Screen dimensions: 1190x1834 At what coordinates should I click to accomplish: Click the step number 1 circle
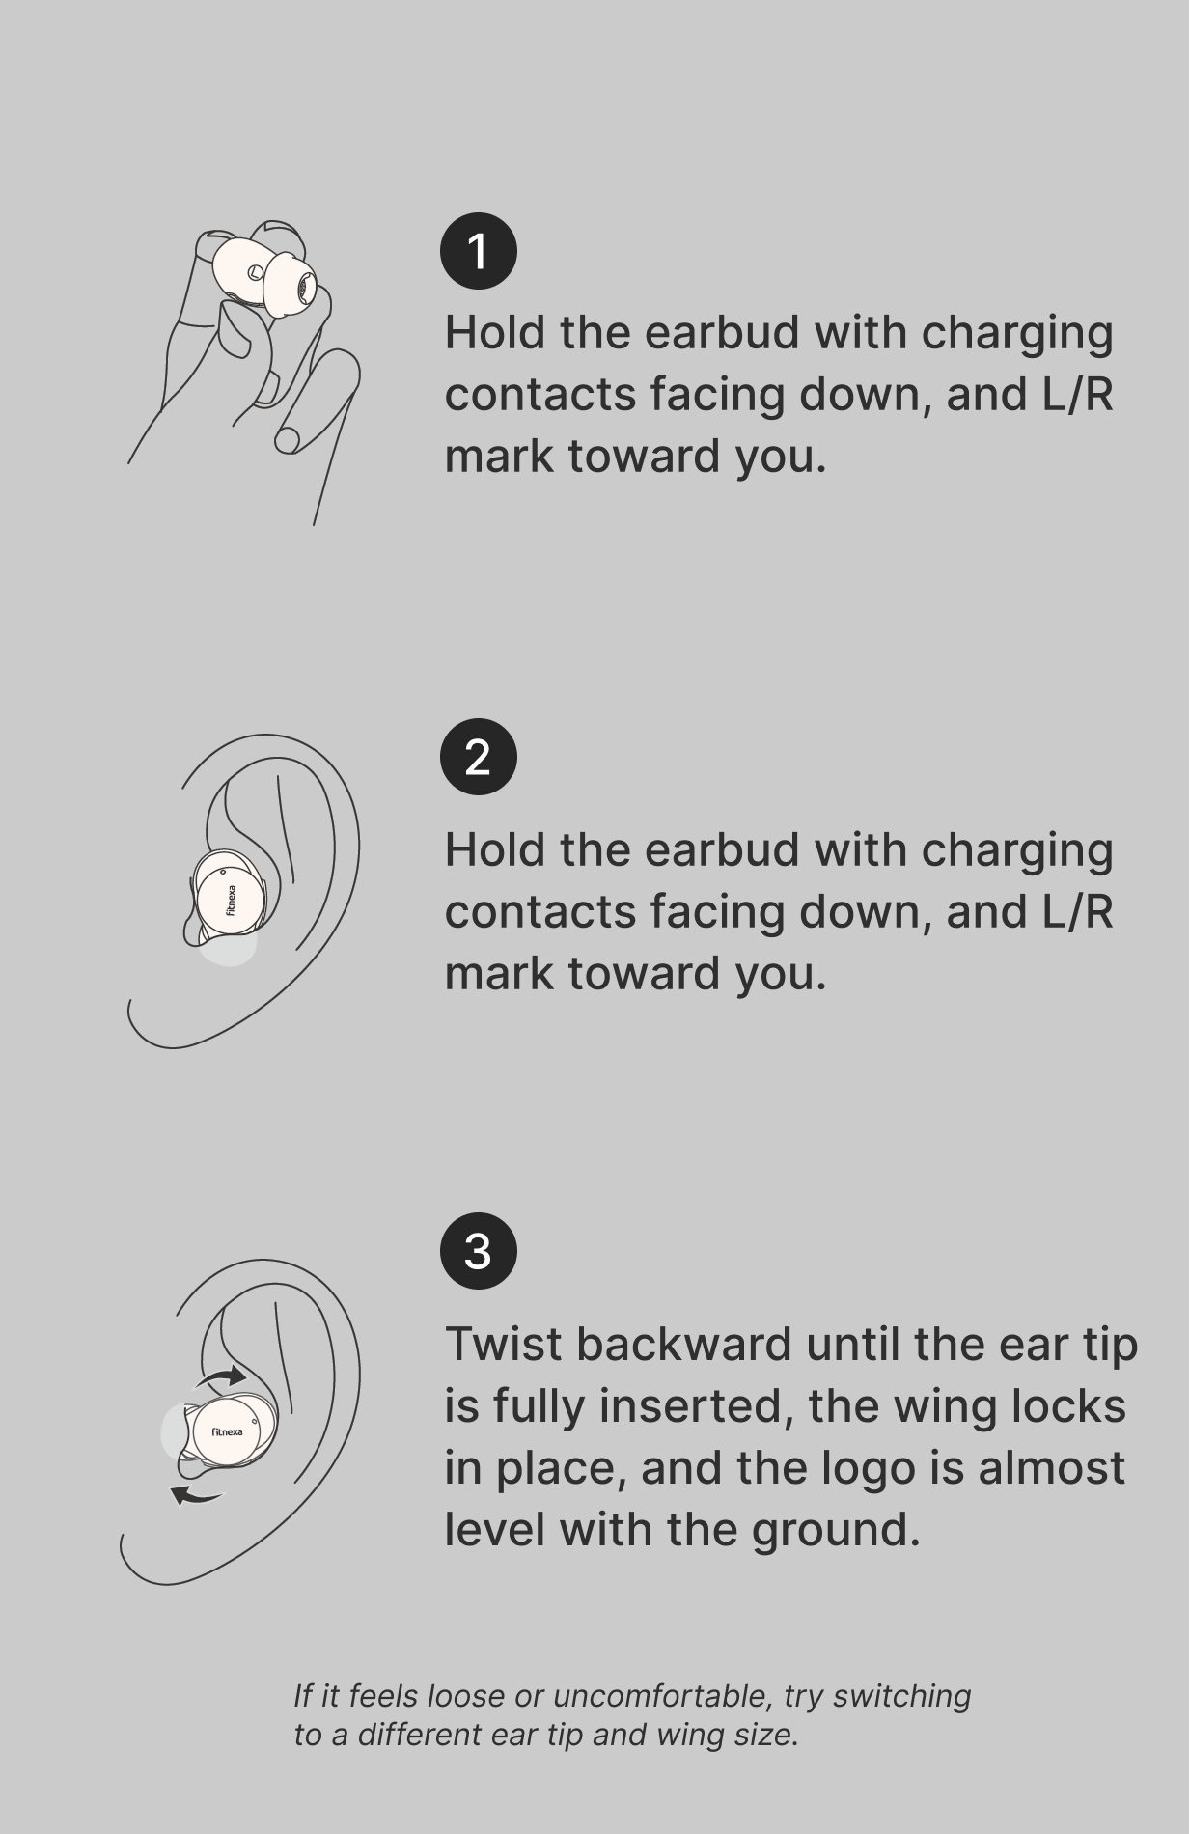[478, 251]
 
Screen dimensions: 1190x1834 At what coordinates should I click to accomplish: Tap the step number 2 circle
[478, 757]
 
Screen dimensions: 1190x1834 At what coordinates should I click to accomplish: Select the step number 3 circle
[478, 1251]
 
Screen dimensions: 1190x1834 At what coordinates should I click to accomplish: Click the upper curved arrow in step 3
[221, 1376]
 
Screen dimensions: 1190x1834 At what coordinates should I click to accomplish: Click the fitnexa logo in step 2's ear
[231, 900]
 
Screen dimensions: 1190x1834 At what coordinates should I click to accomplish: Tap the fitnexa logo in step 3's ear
[227, 1431]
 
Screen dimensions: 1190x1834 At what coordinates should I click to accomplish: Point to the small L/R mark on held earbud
[254, 272]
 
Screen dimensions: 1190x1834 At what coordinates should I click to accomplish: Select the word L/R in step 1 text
[1077, 394]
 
